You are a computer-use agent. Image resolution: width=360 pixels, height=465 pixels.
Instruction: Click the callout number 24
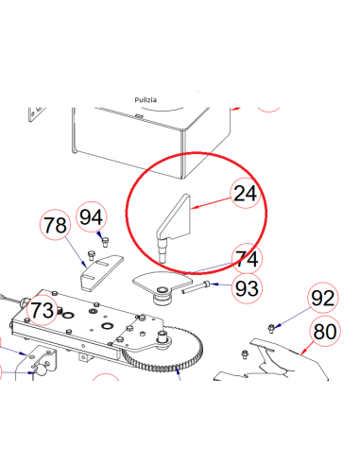[246, 193]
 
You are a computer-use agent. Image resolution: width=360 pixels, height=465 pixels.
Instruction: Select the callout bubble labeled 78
[55, 225]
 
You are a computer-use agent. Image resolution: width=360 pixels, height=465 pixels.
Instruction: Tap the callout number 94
[91, 217]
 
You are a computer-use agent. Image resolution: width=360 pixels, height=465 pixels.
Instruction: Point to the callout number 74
[248, 259]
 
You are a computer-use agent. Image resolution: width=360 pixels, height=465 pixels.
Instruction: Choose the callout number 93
[247, 288]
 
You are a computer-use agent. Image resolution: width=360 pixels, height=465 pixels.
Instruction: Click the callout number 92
[323, 298]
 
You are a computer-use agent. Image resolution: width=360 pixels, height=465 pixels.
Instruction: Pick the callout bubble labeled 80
[325, 332]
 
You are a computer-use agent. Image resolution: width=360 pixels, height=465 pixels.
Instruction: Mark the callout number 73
[43, 310]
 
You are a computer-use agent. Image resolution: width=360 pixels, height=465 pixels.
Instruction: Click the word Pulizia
[146, 100]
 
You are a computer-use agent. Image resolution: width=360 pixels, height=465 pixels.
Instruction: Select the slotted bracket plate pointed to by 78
[100, 272]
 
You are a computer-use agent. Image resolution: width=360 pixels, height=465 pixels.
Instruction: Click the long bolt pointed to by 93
[196, 287]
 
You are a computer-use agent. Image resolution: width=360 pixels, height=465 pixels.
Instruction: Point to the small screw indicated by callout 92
[271, 328]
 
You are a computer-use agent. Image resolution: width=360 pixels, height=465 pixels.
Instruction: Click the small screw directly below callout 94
[105, 243]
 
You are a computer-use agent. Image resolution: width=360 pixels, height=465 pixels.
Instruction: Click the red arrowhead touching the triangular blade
[195, 207]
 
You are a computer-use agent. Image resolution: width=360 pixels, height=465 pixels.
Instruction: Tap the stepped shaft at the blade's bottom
[163, 251]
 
